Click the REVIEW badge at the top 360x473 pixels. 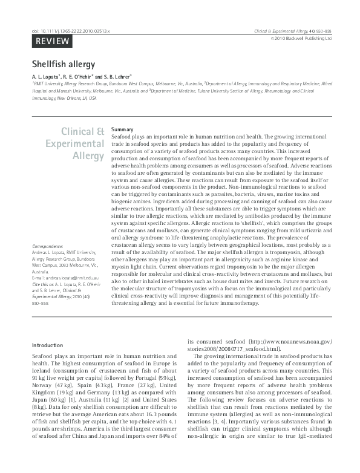point(51,41)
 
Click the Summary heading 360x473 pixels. point(122,129)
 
